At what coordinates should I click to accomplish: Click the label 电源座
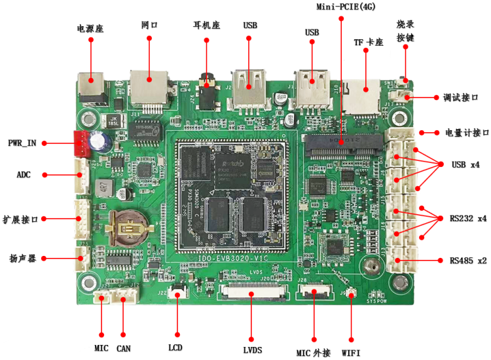click(x=90, y=29)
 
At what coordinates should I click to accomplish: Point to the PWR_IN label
click(x=22, y=143)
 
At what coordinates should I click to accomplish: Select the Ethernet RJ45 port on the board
click(x=149, y=88)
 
